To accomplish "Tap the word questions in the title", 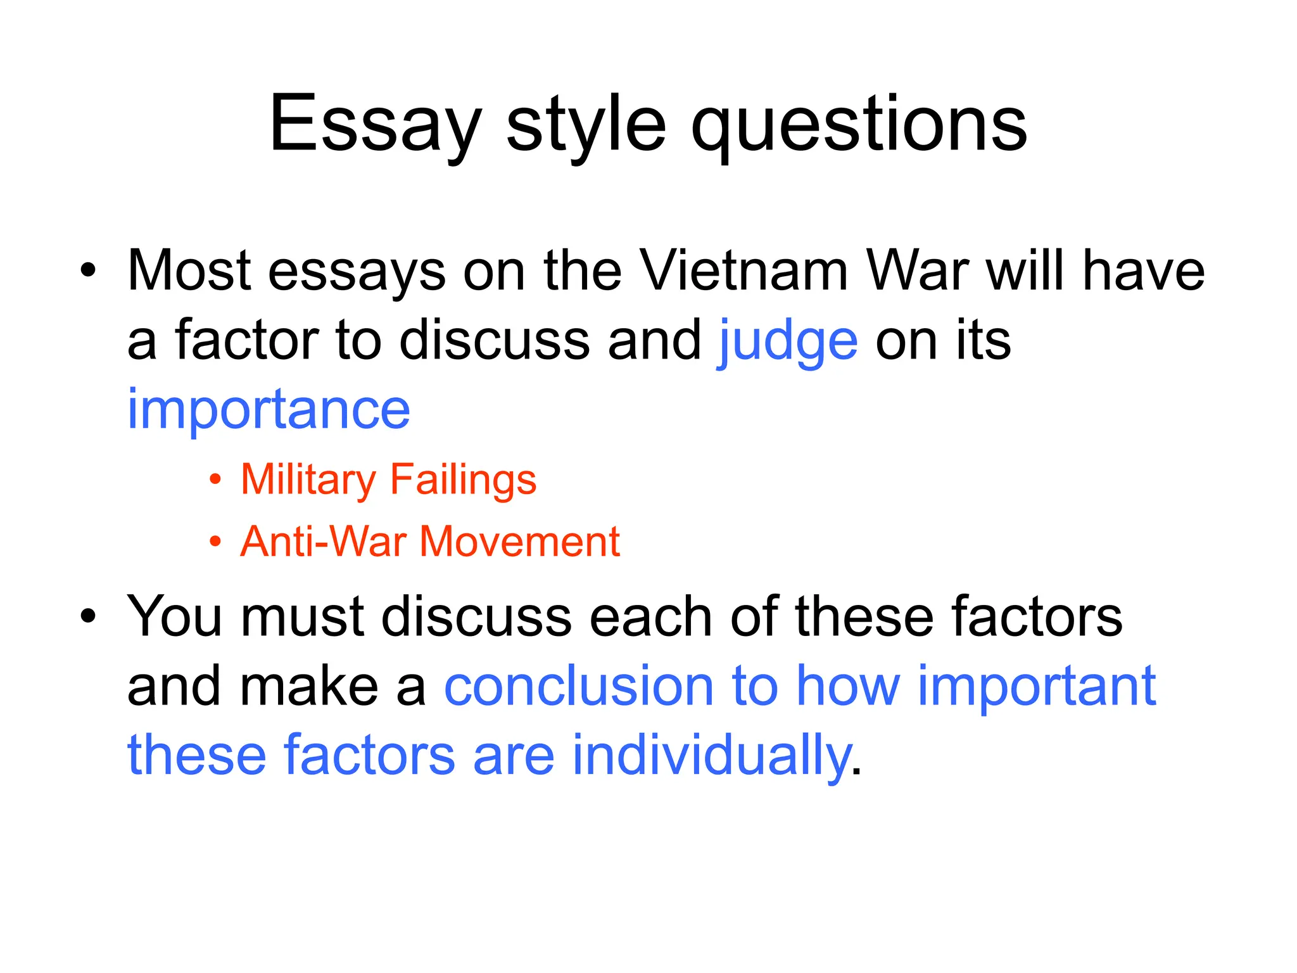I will click(859, 125).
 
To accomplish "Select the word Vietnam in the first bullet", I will click(745, 271).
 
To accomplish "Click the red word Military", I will click(308, 480).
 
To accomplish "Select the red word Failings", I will click(463, 480).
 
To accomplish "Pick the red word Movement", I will click(519, 542).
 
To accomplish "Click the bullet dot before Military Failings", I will click(216, 480).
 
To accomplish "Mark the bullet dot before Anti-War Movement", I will click(216, 542).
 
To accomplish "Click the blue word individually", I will click(711, 755).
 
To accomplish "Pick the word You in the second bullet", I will click(174, 616).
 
